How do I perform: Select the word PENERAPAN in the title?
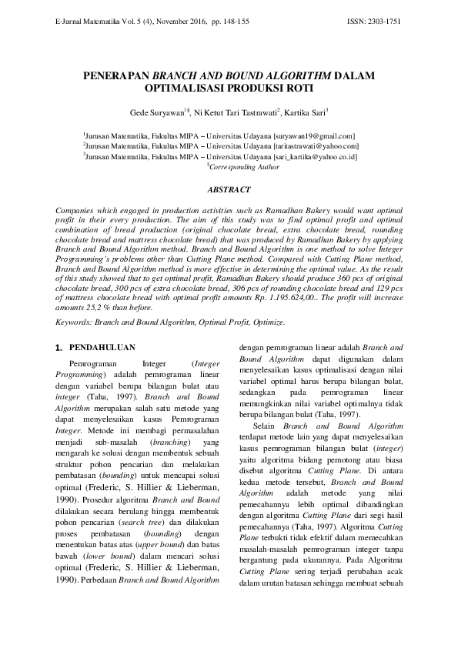(x=117, y=77)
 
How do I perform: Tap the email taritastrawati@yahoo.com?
(x=316, y=145)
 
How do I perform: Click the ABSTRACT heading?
(x=229, y=189)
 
